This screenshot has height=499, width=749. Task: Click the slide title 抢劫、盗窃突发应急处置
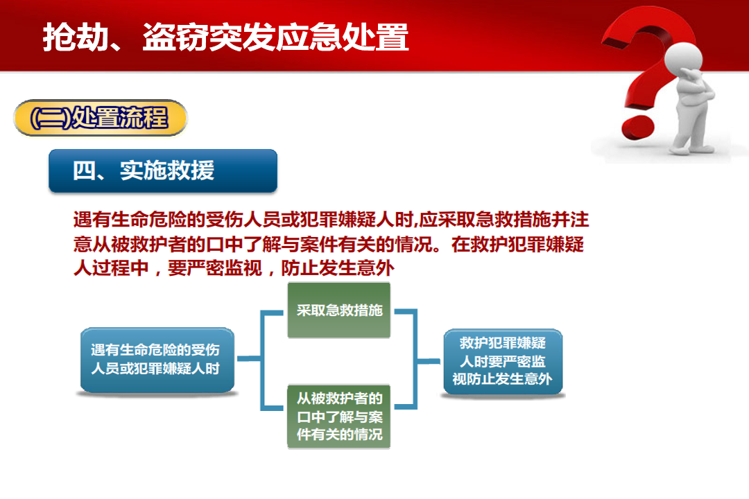[x=225, y=37]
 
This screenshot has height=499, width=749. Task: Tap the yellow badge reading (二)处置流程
[x=101, y=118]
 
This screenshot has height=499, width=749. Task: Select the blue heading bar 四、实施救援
[x=163, y=171]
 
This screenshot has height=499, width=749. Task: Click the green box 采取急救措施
[x=339, y=310]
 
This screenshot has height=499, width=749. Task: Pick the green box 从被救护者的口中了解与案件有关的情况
[x=339, y=417]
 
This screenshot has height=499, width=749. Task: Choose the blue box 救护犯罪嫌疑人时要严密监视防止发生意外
[x=503, y=362]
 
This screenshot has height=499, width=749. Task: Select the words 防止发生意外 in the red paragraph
[x=337, y=268]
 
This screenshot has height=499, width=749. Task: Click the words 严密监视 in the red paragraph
[x=224, y=268]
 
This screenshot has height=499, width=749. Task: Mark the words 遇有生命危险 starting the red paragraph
[x=130, y=220]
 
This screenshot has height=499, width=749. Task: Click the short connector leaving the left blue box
[x=249, y=358]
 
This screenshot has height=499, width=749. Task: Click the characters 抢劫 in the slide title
[x=76, y=37]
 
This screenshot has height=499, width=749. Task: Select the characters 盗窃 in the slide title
[x=175, y=37]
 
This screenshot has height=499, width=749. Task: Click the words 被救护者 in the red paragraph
[x=148, y=245]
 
